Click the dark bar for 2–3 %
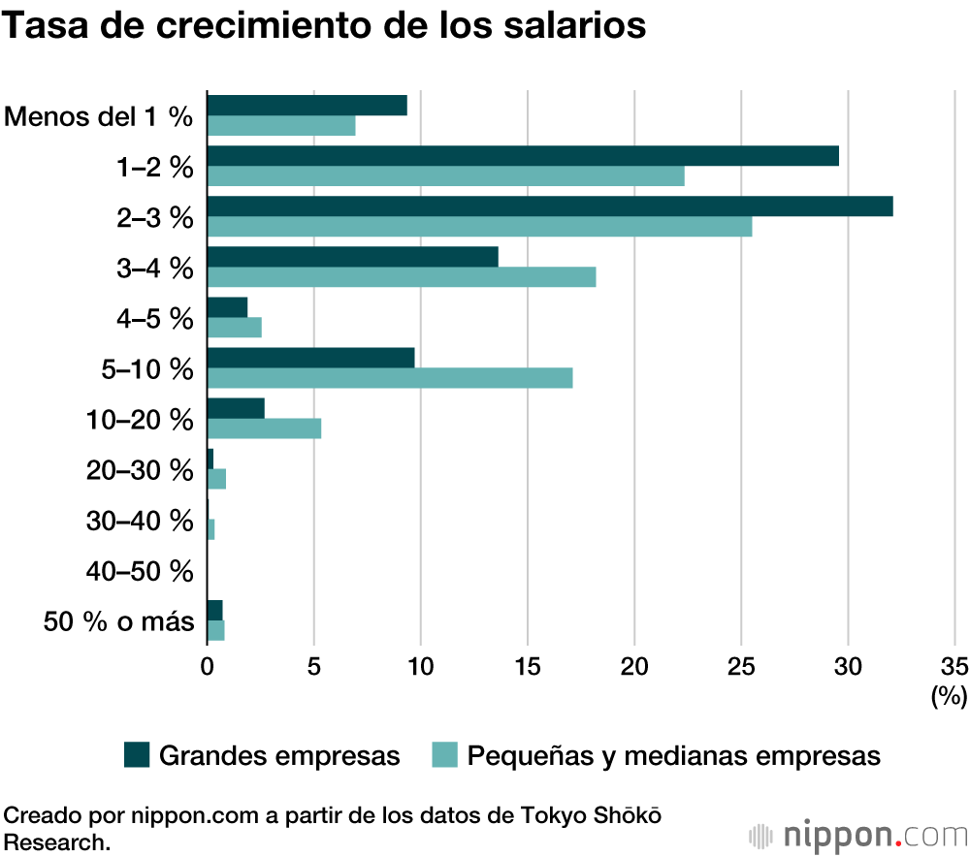point(549,206)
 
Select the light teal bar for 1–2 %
point(445,176)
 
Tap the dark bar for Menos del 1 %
point(307,106)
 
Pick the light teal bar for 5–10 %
point(389,378)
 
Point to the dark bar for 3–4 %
point(352,257)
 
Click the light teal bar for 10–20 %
point(264,428)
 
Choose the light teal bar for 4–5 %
point(234,328)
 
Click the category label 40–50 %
point(140,571)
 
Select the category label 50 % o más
point(119,621)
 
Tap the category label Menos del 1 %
point(99,117)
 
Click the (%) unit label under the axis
point(949,695)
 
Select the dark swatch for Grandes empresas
point(137,755)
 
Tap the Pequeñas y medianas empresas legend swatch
point(443,755)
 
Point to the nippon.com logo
point(857,834)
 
